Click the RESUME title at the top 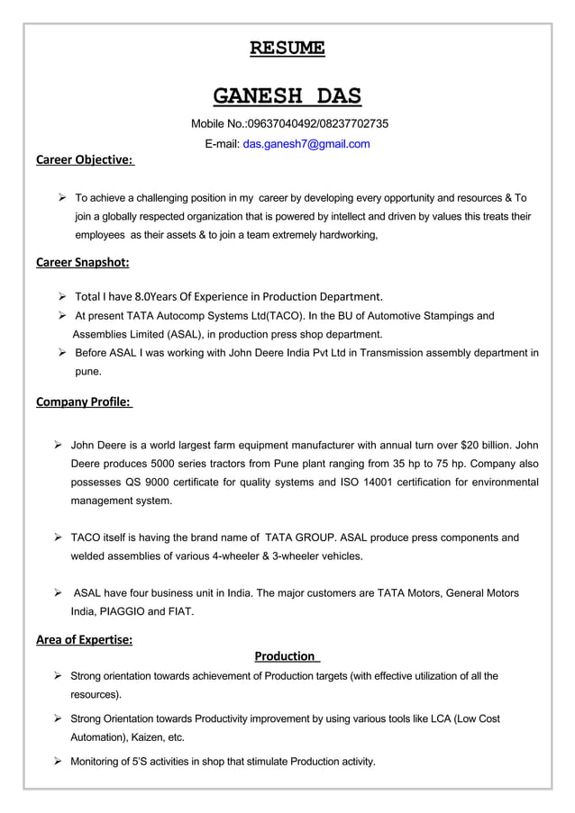click(287, 48)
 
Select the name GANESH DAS click(287, 95)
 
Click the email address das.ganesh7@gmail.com click(306, 144)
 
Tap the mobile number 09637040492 click(284, 123)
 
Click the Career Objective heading click(85, 160)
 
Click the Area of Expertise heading click(84, 640)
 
